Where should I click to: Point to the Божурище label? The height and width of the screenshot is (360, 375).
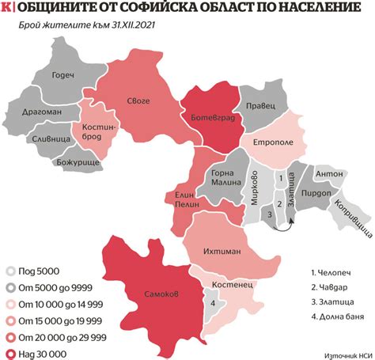pyautogui.click(x=75, y=161)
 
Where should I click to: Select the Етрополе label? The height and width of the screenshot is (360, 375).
pyautogui.click(x=274, y=143)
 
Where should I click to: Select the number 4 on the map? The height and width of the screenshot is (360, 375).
pyautogui.click(x=212, y=301)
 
